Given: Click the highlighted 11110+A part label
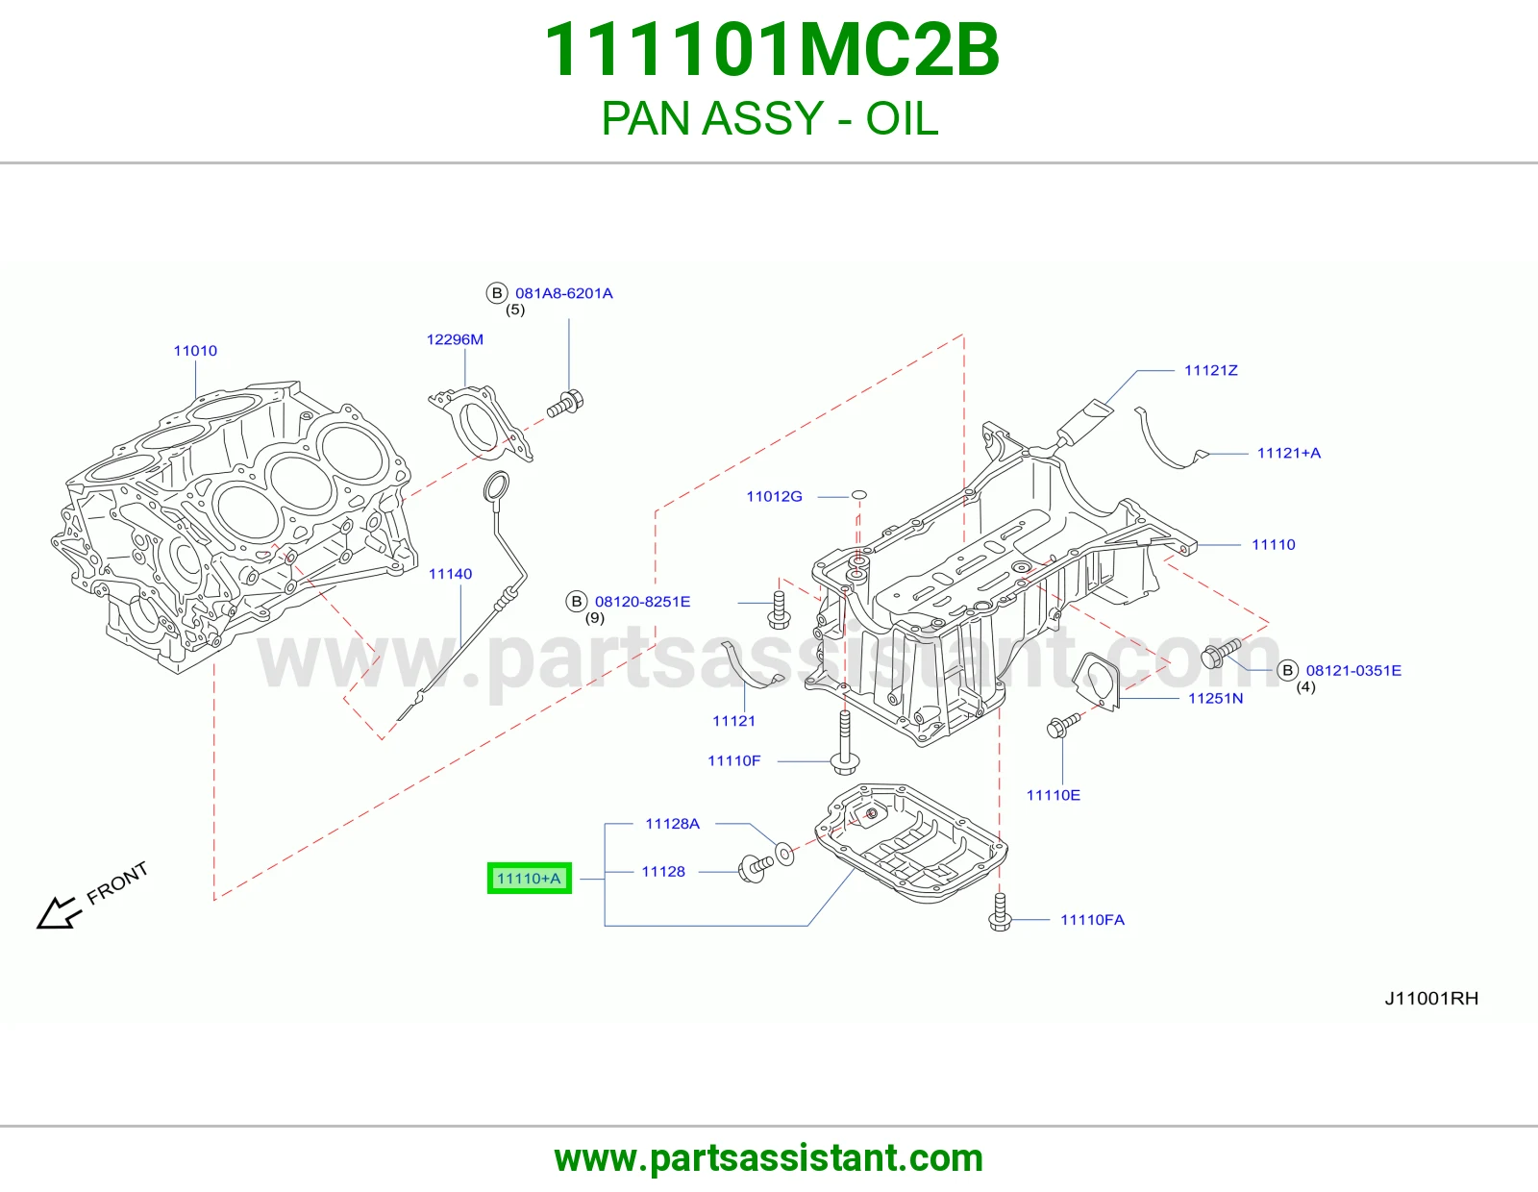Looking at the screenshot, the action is pyautogui.click(x=529, y=879).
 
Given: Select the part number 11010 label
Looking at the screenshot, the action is pyautogui.click(x=195, y=351).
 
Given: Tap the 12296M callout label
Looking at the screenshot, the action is pyautogui.click(x=455, y=339).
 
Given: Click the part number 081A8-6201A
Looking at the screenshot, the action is pyautogui.click(x=564, y=294).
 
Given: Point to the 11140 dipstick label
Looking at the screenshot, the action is pyautogui.click(x=450, y=574).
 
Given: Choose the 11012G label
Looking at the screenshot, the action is pyautogui.click(x=775, y=497).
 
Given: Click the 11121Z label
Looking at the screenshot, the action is pyautogui.click(x=1211, y=371).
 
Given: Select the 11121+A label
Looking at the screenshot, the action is pyautogui.click(x=1289, y=454).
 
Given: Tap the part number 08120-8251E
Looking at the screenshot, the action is pyautogui.click(x=643, y=602).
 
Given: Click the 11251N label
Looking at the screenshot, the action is pyautogui.click(x=1215, y=699).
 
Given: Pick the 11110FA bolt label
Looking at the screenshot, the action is pyautogui.click(x=1092, y=920).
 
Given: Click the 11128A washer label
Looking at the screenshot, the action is pyautogui.click(x=672, y=824).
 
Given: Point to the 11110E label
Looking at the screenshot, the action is pyautogui.click(x=1054, y=796).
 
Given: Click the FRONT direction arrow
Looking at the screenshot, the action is pyautogui.click(x=59, y=912).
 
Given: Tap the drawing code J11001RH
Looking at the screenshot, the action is pyautogui.click(x=1431, y=999).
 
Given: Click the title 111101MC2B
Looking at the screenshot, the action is pyautogui.click(x=772, y=50).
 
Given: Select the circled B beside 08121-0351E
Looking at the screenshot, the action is pyautogui.click(x=1287, y=670).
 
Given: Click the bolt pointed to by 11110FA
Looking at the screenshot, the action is pyautogui.click(x=1000, y=912).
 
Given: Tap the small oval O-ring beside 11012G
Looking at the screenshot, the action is pyautogui.click(x=858, y=495).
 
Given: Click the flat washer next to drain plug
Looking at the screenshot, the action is pyautogui.click(x=784, y=854).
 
